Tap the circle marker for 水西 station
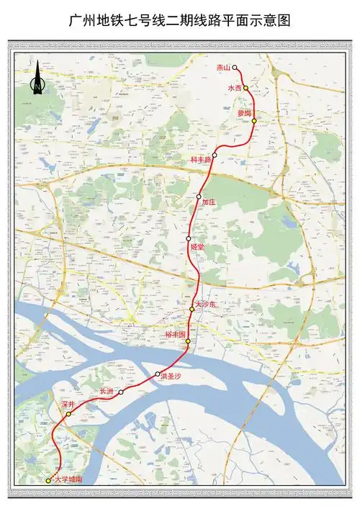246,88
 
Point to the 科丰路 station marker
215,155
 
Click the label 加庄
209,203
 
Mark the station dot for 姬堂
189,238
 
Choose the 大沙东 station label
205,305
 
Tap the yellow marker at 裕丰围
188,341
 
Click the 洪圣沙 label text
171,377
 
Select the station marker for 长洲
121,392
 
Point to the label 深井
68,406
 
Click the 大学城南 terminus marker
48,480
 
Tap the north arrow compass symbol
37,78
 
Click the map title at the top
179,21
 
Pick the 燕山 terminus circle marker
235,68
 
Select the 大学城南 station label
68,479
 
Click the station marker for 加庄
199,197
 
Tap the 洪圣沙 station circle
158,374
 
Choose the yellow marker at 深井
68,415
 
